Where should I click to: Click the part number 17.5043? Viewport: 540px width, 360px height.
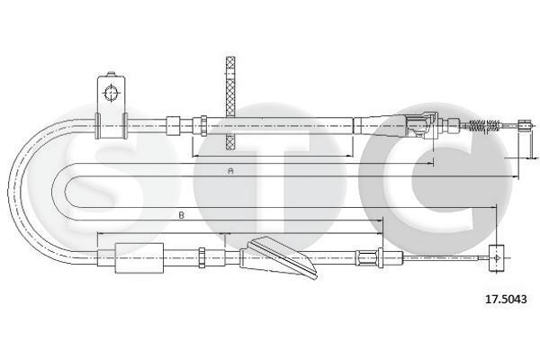506,299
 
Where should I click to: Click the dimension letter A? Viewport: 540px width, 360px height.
230,170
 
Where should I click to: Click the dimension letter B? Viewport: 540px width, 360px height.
182,216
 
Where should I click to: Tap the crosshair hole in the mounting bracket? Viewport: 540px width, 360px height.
111,93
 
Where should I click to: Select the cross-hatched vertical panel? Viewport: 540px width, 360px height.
230,103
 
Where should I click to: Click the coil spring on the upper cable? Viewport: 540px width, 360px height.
484,126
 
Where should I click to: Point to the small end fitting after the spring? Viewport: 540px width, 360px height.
525,126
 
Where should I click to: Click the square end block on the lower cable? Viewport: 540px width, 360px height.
497,257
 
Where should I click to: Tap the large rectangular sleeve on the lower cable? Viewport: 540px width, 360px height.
139,258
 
